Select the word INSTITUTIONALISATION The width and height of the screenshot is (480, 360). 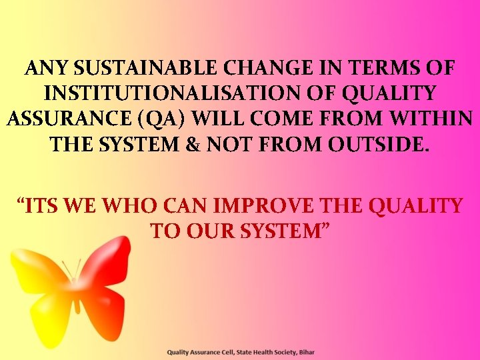point(157,93)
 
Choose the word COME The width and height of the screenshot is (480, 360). point(295,119)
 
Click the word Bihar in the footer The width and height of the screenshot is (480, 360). point(306,351)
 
